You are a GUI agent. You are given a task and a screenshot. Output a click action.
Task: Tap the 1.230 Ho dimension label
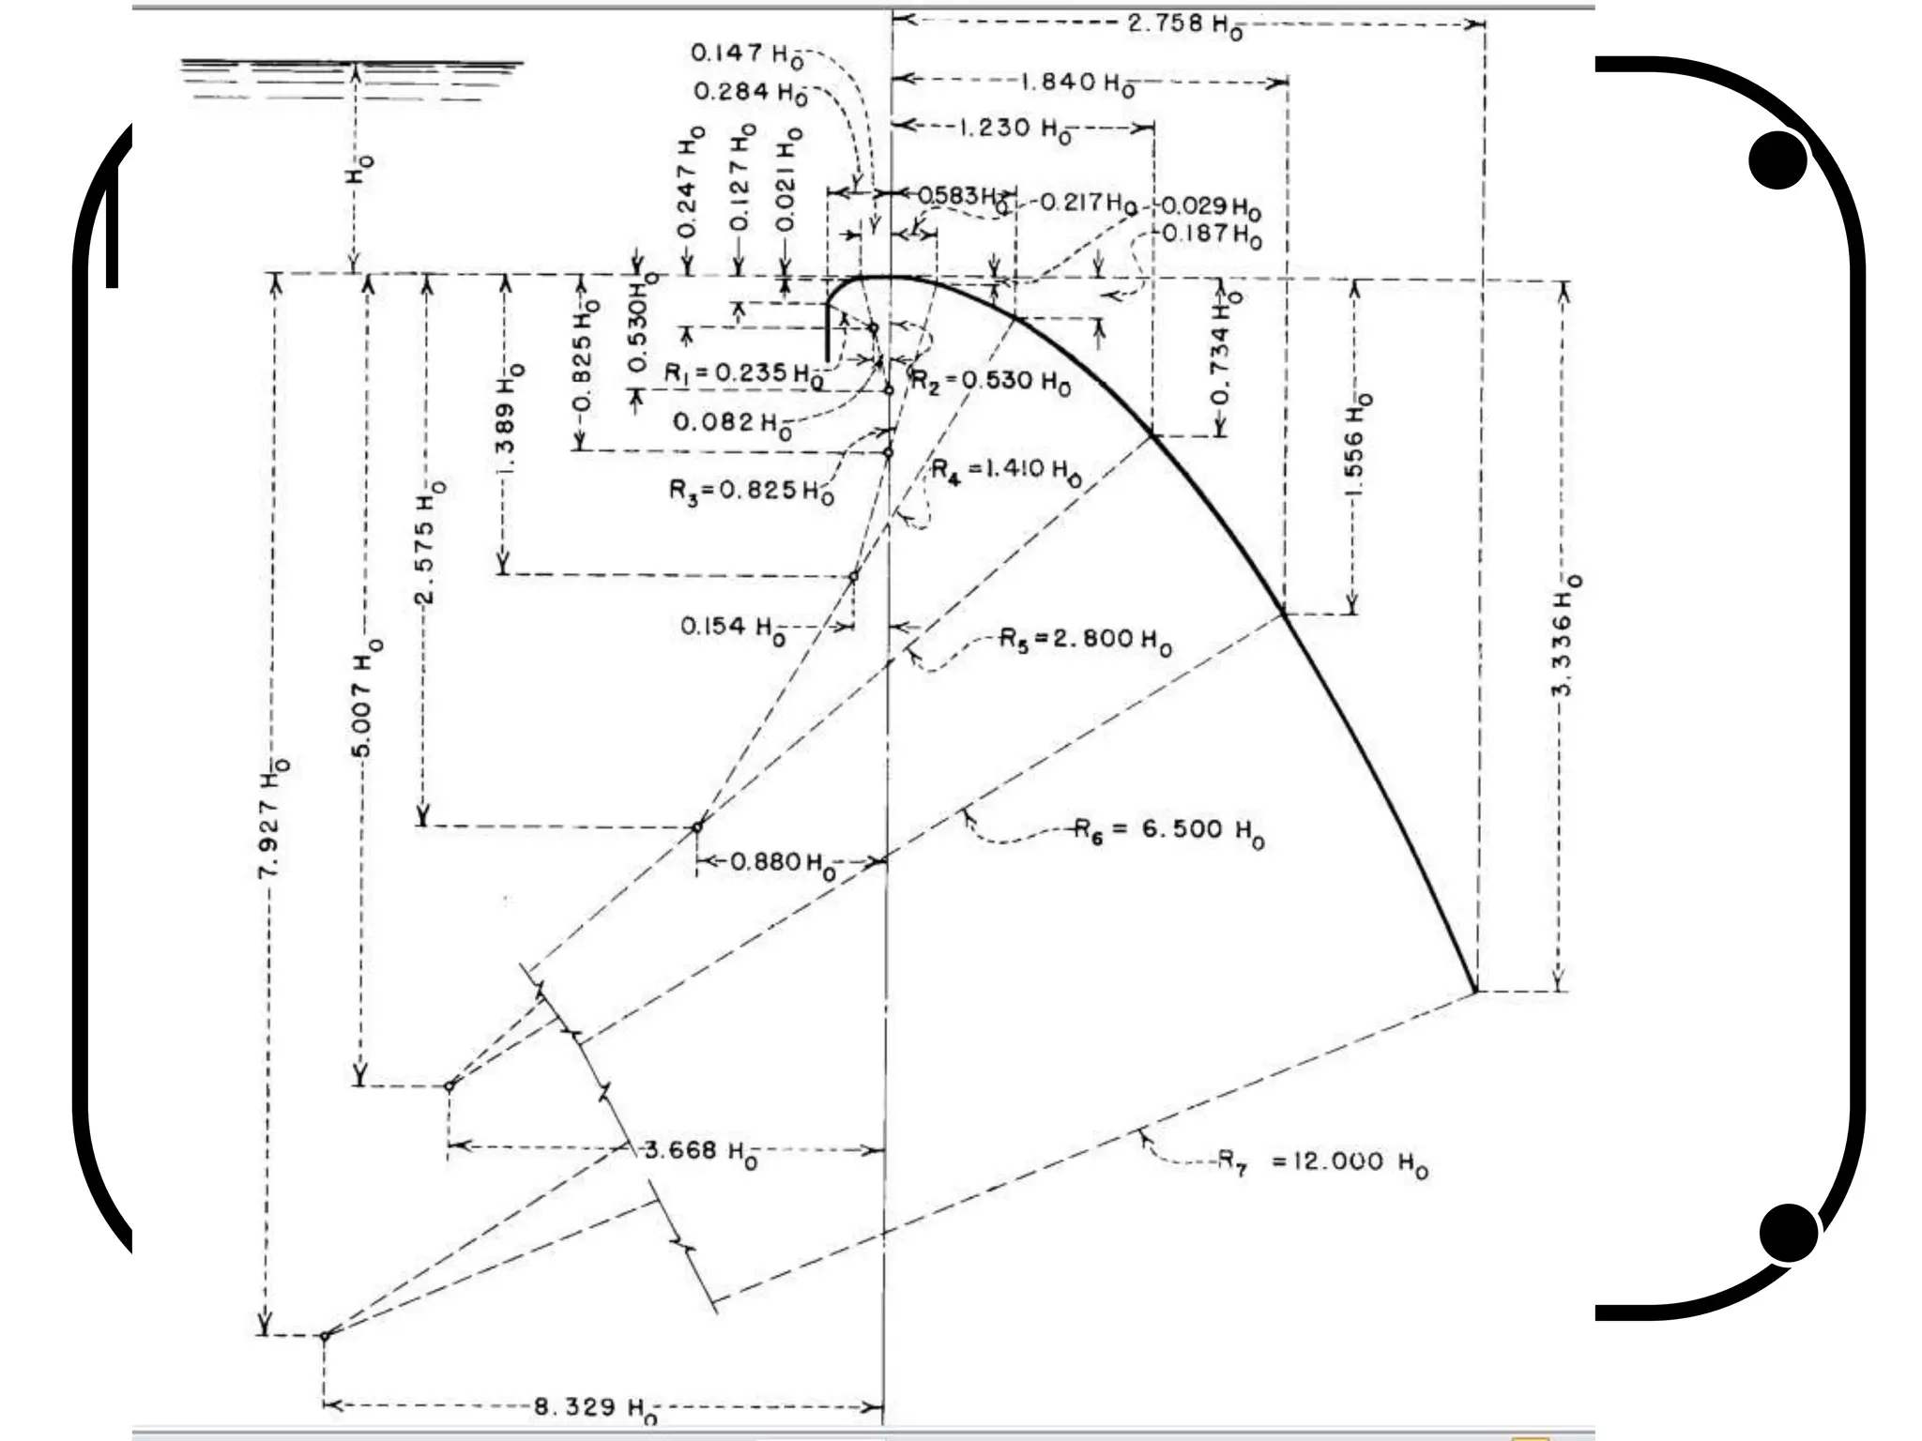[x=1014, y=129]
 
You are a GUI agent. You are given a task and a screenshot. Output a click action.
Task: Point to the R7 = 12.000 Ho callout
[x=1323, y=1163]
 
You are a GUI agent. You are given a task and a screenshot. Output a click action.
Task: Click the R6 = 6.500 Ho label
[x=1169, y=830]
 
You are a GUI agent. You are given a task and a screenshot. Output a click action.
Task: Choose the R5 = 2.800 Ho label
[x=1085, y=642]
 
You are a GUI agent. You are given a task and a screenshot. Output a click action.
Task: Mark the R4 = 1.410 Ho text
[x=1005, y=470]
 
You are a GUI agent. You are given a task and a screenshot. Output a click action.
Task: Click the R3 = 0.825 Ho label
[x=751, y=491]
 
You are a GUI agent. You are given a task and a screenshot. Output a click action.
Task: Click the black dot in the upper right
[x=1778, y=160]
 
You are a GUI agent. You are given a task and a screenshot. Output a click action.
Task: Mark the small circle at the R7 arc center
[x=325, y=1335]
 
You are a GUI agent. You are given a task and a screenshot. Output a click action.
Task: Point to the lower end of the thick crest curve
[x=1474, y=990]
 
